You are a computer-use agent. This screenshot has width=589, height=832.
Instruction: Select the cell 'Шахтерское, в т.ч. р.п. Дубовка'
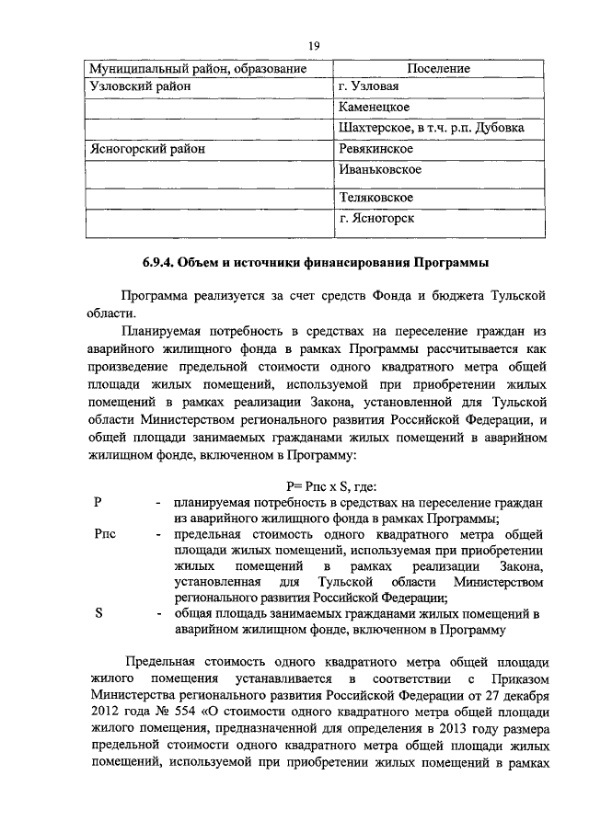pos(431,128)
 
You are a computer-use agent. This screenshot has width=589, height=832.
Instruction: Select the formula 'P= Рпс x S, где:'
pos(326,487)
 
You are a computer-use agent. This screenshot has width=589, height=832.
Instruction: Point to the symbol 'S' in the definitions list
pos(98,613)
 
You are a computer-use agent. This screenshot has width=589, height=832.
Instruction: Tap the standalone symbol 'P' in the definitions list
pos(98,503)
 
